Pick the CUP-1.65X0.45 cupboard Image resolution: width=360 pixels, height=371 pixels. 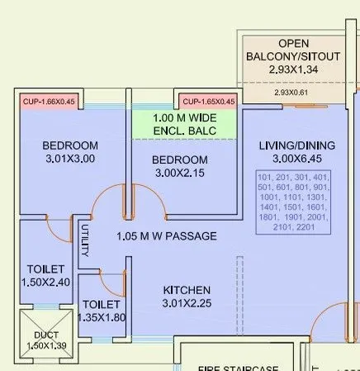pos(208,102)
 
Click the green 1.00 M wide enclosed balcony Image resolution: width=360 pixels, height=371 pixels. pos(186,124)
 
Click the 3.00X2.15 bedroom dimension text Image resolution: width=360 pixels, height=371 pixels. pos(179,172)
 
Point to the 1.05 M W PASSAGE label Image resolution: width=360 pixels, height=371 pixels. pos(167,236)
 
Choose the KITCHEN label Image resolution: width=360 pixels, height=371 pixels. pos(187,290)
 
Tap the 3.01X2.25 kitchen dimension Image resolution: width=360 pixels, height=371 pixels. pos(187,303)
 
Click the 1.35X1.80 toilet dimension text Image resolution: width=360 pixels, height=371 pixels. pos(102,317)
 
